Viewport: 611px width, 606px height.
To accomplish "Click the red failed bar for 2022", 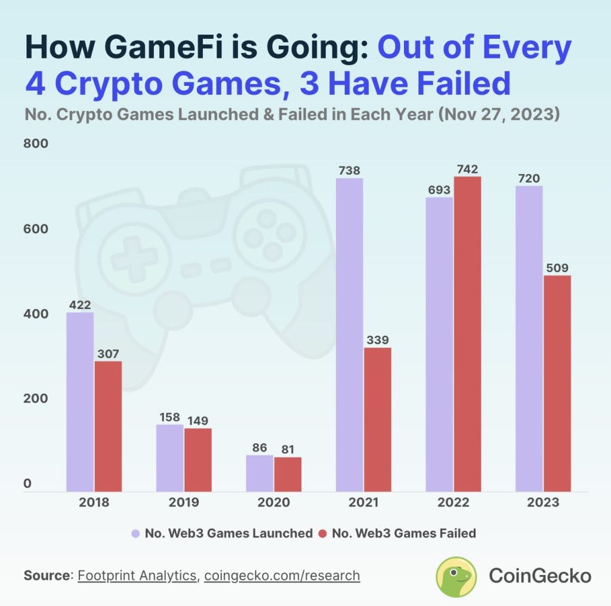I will (x=467, y=334).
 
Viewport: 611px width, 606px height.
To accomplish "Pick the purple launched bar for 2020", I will (x=260, y=473).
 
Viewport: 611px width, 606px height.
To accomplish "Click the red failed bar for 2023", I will (x=557, y=383).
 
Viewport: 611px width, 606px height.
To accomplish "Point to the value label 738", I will (x=349, y=171).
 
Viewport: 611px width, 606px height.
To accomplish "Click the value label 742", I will (x=467, y=169).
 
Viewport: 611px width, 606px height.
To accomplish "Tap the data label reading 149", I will (x=198, y=421).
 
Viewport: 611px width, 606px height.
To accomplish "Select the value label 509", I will (x=557, y=268).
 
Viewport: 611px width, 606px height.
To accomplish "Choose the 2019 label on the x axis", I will (x=183, y=502).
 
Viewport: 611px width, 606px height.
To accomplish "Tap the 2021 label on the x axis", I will (x=363, y=502).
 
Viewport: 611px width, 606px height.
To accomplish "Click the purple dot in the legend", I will (x=135, y=533).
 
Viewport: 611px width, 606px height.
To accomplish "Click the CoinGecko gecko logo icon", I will (x=456, y=576).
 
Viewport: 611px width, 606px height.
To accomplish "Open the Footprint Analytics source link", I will (x=137, y=576).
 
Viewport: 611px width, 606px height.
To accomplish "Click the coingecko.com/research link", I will (x=282, y=576).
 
